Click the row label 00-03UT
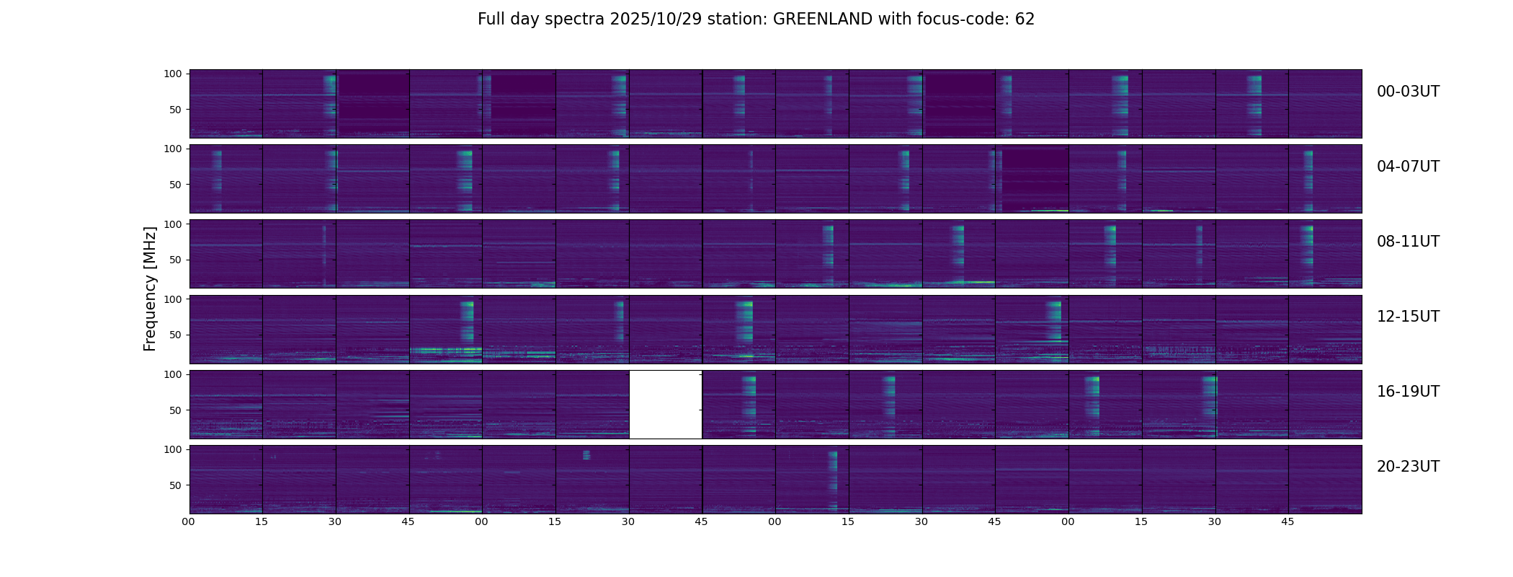click(x=1408, y=92)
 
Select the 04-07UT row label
click(x=1408, y=167)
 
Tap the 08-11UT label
click(x=1408, y=242)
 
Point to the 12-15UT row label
click(x=1408, y=317)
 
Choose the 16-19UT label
click(x=1408, y=392)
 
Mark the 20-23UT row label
click(x=1408, y=467)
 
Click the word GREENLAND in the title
click(x=822, y=19)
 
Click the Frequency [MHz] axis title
click(x=150, y=288)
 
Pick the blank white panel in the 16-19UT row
click(x=666, y=405)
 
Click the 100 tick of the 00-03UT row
click(x=174, y=74)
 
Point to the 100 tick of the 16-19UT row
click(x=174, y=374)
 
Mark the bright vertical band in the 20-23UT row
click(x=833, y=480)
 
